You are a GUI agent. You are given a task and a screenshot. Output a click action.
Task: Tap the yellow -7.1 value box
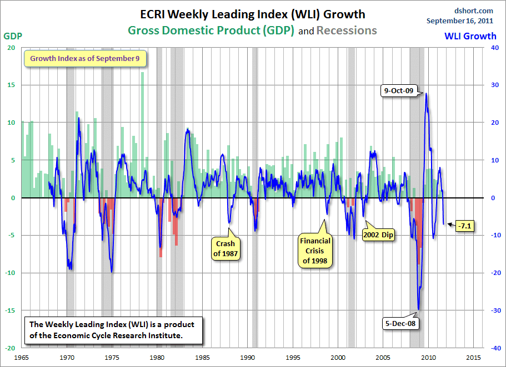click(464, 226)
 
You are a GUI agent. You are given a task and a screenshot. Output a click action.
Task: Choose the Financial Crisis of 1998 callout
click(315, 251)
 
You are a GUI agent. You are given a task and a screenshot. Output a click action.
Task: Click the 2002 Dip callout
click(379, 234)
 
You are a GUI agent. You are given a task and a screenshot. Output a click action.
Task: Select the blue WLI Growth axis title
click(470, 36)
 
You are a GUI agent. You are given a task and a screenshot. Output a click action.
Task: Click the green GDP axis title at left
click(13, 36)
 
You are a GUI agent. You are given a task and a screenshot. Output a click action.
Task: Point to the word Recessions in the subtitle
click(347, 30)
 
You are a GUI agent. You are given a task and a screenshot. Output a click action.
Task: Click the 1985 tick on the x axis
click(202, 358)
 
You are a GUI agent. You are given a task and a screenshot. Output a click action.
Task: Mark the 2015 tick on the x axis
click(474, 358)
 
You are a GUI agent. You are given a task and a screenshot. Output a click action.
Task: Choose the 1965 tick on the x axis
click(22, 358)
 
